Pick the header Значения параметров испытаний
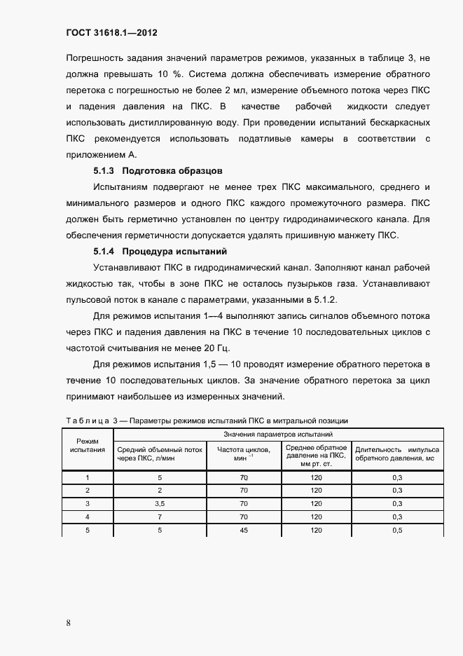(277, 435)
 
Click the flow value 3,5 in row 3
(160, 503)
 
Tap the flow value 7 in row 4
(160, 517)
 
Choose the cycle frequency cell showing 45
(244, 530)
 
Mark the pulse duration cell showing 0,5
(397, 530)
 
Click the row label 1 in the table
(88, 477)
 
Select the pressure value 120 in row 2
(316, 490)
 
